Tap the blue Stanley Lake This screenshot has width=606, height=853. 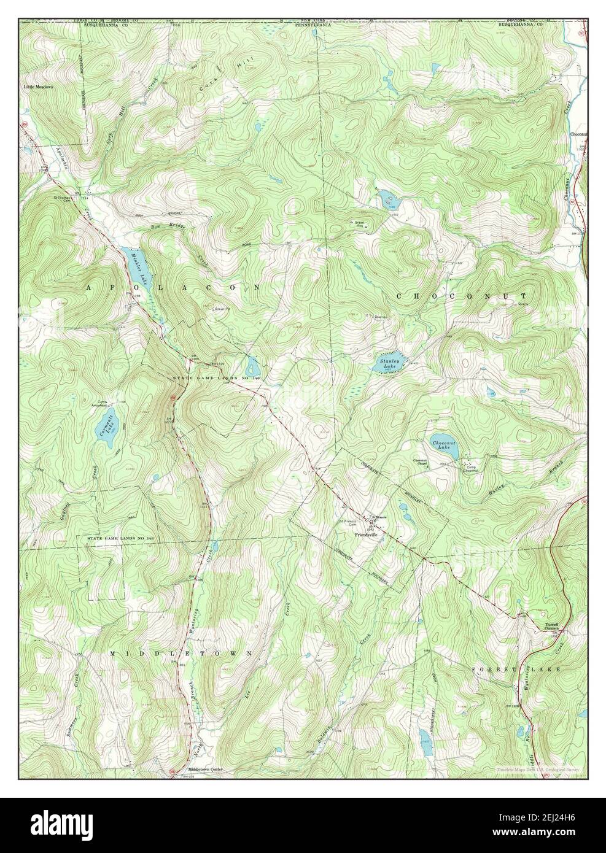(x=389, y=363)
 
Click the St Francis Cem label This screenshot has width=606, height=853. (x=348, y=523)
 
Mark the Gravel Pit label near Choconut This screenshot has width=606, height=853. (x=359, y=223)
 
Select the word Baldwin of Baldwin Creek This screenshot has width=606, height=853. (x=324, y=738)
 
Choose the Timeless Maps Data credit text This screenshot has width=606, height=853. (x=540, y=770)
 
